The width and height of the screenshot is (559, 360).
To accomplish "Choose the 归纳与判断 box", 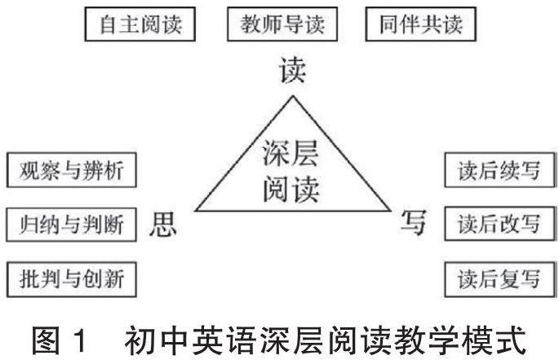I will tap(70, 224).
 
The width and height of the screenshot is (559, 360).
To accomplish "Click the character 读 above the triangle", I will tap(291, 71).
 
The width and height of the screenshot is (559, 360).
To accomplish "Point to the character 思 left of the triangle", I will tap(162, 224).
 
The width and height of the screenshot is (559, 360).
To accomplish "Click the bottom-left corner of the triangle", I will tap(193, 211).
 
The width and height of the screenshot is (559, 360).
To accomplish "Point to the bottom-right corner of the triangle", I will tap(390, 211).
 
